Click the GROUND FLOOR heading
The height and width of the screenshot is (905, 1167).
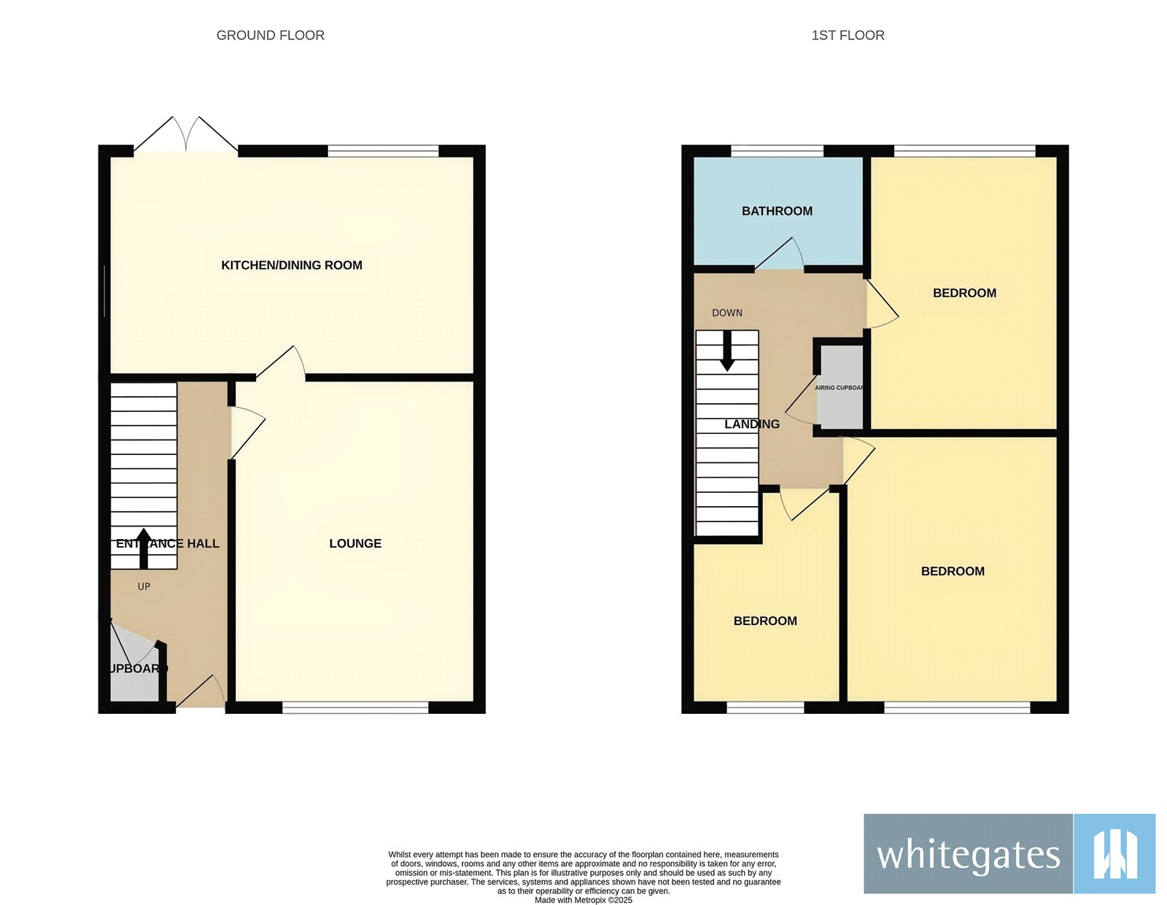(270, 35)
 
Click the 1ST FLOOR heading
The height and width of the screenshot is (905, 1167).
(848, 35)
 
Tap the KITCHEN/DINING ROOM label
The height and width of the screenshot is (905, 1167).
(292, 265)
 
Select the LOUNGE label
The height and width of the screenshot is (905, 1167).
(355, 543)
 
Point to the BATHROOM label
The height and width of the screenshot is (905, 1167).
(777, 211)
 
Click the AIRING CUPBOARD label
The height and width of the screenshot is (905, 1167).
(839, 388)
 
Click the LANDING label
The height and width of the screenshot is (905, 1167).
(752, 424)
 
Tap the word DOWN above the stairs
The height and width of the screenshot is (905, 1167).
(727, 313)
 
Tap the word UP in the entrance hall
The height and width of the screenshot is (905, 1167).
(144, 586)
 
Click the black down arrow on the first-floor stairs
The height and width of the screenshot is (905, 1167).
(727, 352)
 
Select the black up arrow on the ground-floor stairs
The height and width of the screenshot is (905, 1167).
(144, 548)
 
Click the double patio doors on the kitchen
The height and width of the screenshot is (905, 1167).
(186, 136)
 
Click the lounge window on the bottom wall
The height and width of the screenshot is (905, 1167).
(355, 707)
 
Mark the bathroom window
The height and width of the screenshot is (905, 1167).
(777, 151)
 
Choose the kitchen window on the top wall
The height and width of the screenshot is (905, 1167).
(383, 151)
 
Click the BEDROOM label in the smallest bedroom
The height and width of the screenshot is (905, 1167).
(765, 621)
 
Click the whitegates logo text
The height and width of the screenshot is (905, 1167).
(968, 855)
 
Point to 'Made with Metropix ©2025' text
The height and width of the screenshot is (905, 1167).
(583, 900)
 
